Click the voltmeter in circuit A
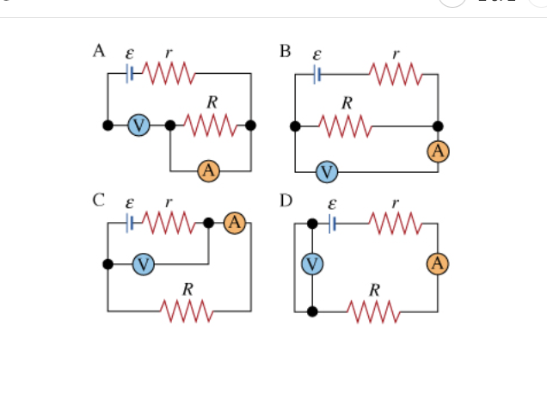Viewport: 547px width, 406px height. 138,126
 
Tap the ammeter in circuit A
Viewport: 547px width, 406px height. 208,170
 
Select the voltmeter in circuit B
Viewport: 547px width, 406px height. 326,172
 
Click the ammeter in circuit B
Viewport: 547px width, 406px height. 438,151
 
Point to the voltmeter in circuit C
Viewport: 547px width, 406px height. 143,264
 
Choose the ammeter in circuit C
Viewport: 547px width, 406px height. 235,223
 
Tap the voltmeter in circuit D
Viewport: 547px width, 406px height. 312,264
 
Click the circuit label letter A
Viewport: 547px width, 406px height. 99,50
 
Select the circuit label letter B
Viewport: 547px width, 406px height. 286,50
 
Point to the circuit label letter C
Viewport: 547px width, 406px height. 99,200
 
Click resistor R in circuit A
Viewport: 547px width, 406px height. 210,126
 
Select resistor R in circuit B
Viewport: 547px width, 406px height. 346,126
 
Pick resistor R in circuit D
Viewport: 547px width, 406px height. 374,310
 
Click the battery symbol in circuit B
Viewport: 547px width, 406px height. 317,74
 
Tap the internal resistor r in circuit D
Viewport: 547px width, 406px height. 396,224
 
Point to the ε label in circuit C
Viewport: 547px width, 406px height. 130,204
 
